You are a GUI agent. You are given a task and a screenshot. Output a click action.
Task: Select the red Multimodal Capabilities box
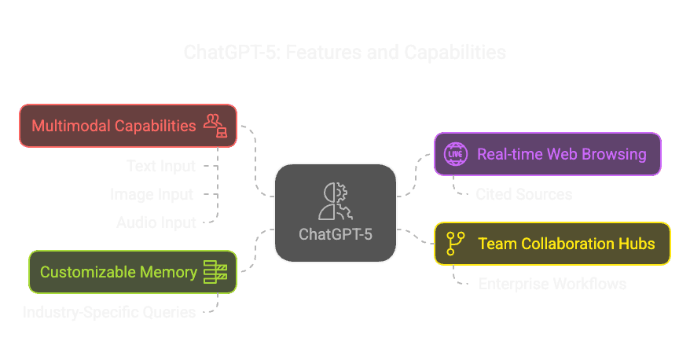coord(127,125)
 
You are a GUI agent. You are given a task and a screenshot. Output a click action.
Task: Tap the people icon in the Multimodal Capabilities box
coord(215,125)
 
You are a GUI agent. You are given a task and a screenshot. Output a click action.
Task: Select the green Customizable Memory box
coord(132,272)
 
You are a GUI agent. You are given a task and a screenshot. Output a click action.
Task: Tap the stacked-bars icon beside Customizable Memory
coord(215,272)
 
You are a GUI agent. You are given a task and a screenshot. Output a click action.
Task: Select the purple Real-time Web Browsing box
coord(547,153)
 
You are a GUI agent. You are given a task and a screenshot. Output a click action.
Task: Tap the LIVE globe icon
coord(455,153)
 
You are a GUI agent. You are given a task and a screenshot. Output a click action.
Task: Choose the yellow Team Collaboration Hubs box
coord(552,244)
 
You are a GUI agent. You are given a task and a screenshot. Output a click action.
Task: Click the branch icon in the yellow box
coord(454,244)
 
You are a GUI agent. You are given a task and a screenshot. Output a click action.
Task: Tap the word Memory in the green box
coord(171,272)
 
